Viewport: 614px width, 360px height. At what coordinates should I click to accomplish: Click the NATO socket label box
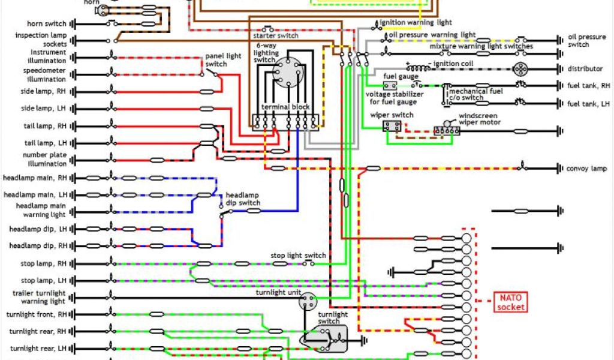pyautogui.click(x=510, y=302)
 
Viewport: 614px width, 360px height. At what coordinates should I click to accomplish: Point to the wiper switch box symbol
pyautogui.click(x=393, y=126)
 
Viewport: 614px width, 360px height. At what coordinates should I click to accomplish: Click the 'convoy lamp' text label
pyautogui.click(x=586, y=169)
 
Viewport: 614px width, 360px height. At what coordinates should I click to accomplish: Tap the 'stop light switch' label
pyautogui.click(x=298, y=256)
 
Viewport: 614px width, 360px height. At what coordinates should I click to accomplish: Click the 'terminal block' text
pyautogui.click(x=285, y=107)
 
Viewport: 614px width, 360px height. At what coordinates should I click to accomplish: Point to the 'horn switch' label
pyautogui.click(x=46, y=24)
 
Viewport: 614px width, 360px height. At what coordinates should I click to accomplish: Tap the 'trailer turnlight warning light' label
pyautogui.click(x=39, y=297)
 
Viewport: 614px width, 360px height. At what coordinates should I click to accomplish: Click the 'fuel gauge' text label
pyautogui.click(x=396, y=77)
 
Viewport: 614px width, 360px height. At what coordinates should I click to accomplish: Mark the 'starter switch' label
pyautogui.click(x=281, y=36)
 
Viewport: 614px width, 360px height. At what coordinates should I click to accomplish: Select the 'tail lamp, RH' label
pyautogui.click(x=45, y=126)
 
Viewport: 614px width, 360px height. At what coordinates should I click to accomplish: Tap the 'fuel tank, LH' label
pyautogui.click(x=587, y=104)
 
